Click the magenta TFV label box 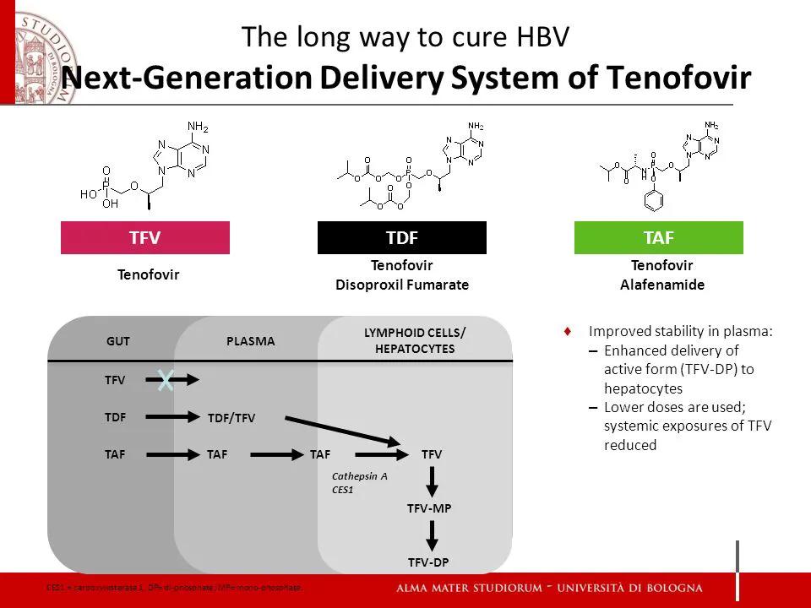pos(144,237)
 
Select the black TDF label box pos(401,237)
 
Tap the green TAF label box pos(658,237)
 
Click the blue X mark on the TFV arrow pos(166,381)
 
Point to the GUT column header pos(117,341)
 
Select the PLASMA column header pos(251,341)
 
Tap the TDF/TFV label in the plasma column pos(231,417)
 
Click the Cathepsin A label pos(359,475)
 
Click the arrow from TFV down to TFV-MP pos(432,481)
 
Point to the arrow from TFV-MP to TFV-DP pos(432,535)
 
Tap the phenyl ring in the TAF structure pos(651,202)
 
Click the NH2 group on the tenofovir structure pos(197,127)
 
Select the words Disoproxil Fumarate pos(401,285)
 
